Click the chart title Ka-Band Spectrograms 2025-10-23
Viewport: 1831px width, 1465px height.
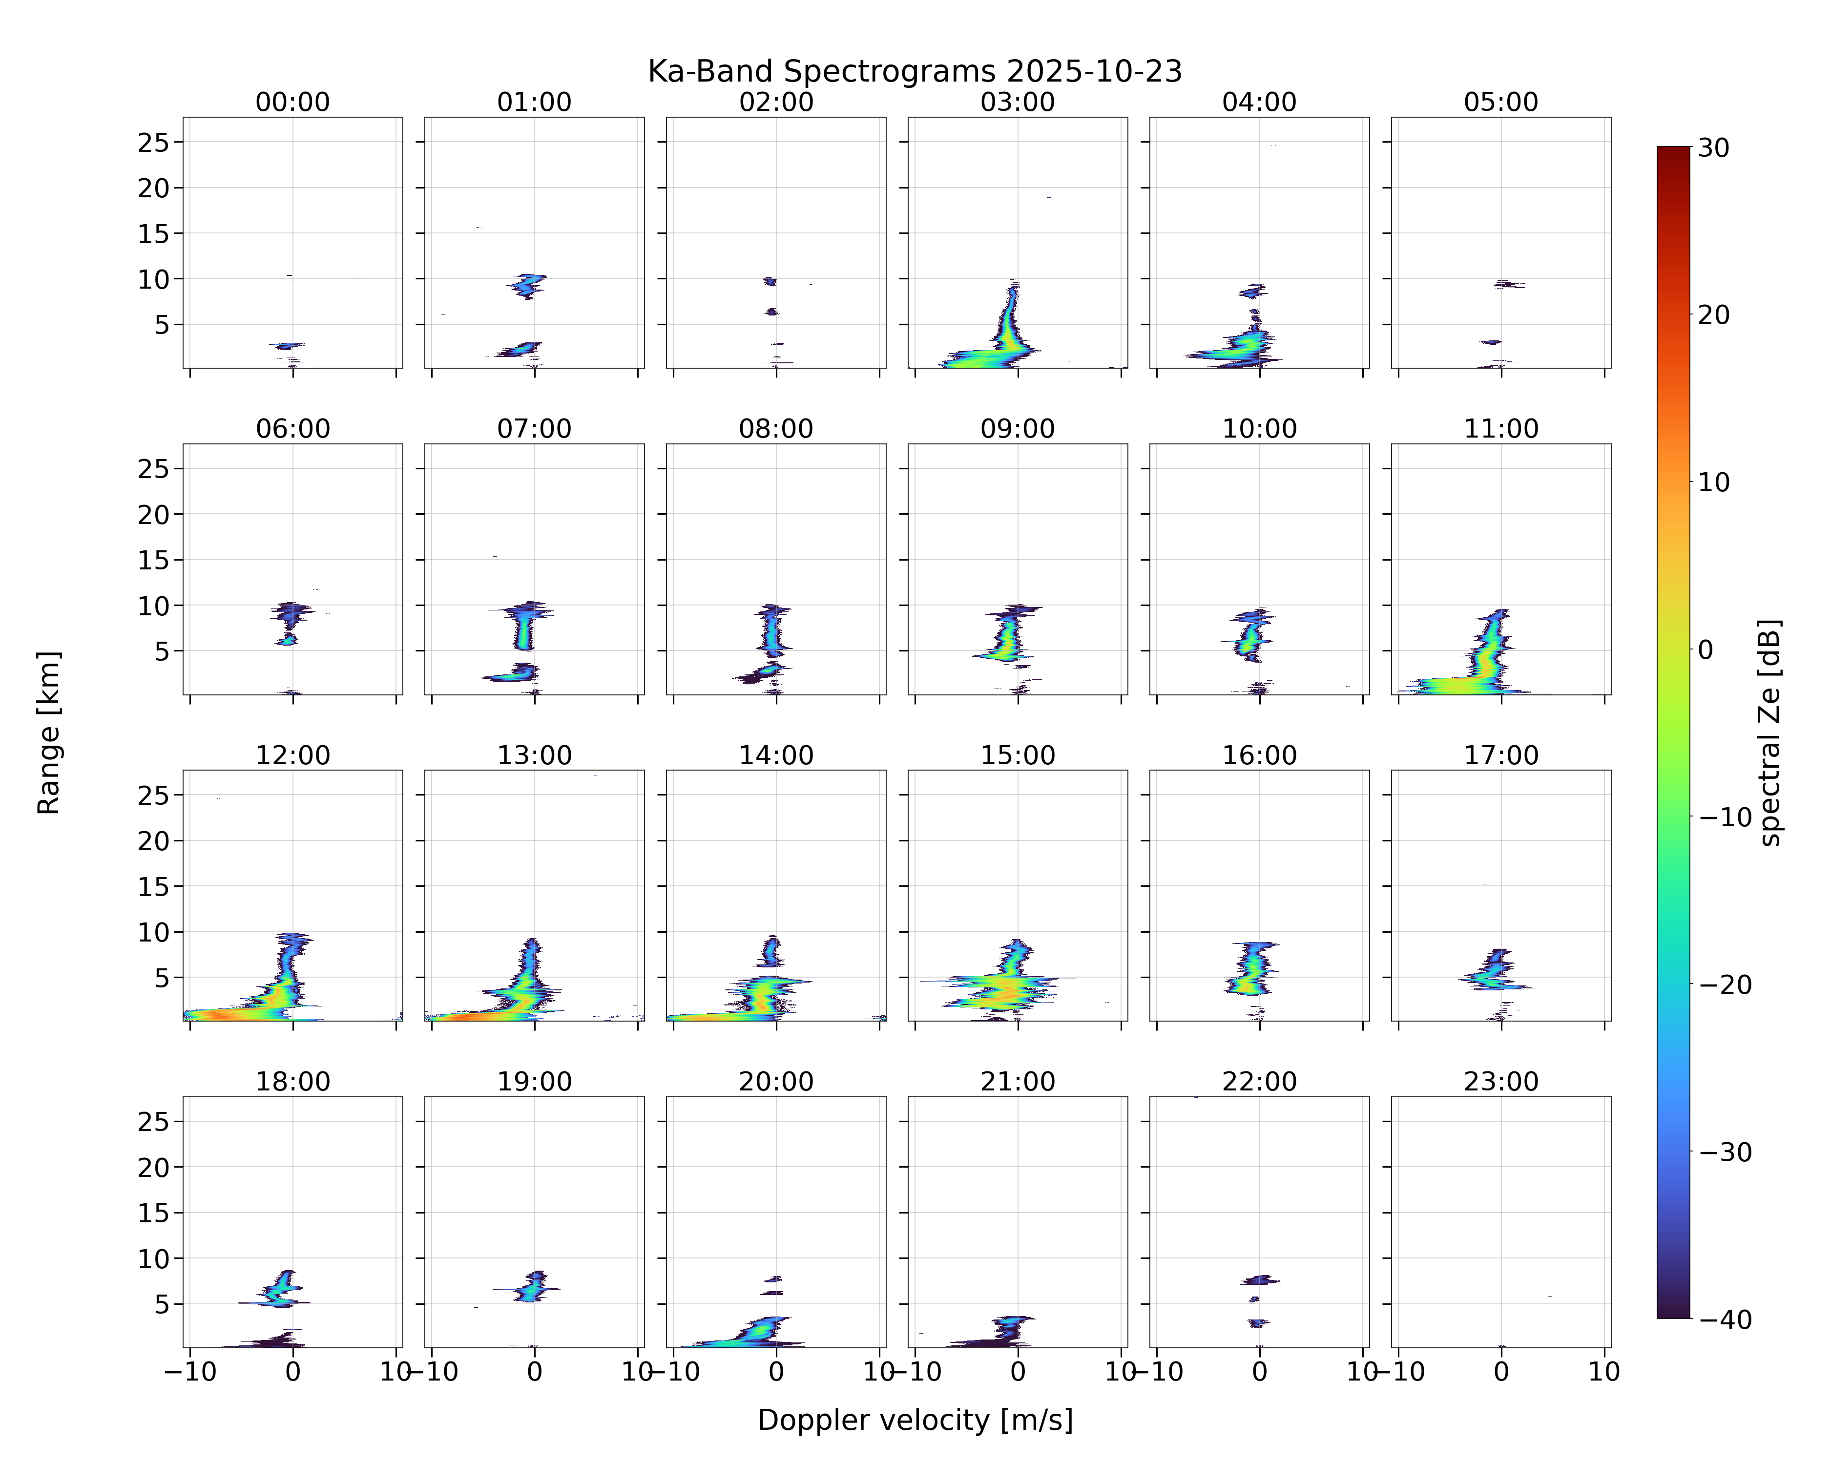click(x=915, y=71)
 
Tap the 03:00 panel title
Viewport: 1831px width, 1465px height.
click(x=1018, y=102)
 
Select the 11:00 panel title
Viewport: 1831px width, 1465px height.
click(x=1500, y=429)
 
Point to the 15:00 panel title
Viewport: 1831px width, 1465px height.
click(x=1018, y=755)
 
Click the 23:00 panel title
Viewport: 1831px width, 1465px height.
click(x=1500, y=1082)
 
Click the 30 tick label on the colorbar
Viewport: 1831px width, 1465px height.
click(x=1714, y=148)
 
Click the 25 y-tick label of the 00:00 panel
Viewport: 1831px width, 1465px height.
click(x=154, y=143)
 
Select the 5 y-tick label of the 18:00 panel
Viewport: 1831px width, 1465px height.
click(x=162, y=1304)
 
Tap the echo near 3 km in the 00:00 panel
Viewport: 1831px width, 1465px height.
click(x=287, y=346)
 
